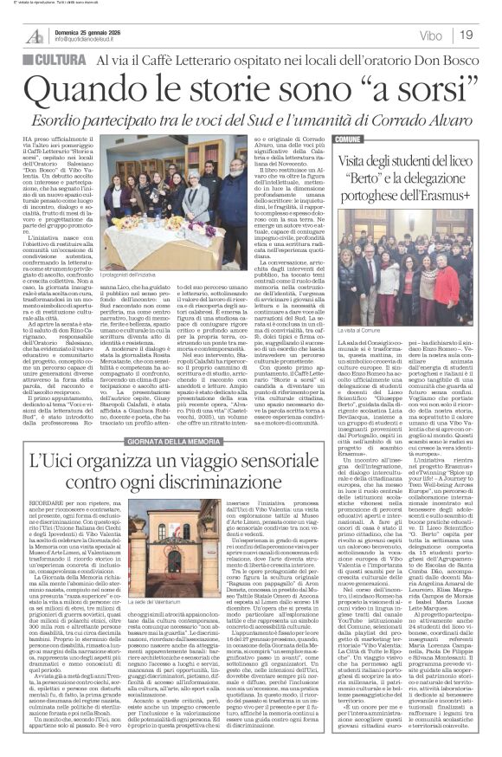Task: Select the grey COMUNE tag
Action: [x=347, y=139]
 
